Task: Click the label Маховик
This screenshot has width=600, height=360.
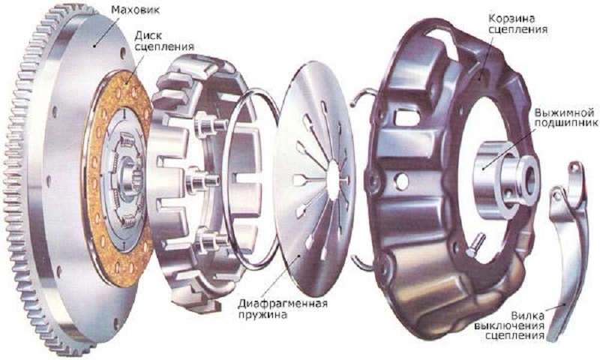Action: (x=136, y=10)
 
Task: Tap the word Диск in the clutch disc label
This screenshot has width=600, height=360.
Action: (x=148, y=35)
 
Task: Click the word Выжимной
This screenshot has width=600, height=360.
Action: (x=565, y=112)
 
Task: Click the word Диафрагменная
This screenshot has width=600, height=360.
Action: (x=283, y=304)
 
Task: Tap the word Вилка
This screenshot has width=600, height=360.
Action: (x=528, y=316)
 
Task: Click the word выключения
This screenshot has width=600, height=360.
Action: (x=509, y=326)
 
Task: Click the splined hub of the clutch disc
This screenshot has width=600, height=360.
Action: (x=128, y=180)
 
